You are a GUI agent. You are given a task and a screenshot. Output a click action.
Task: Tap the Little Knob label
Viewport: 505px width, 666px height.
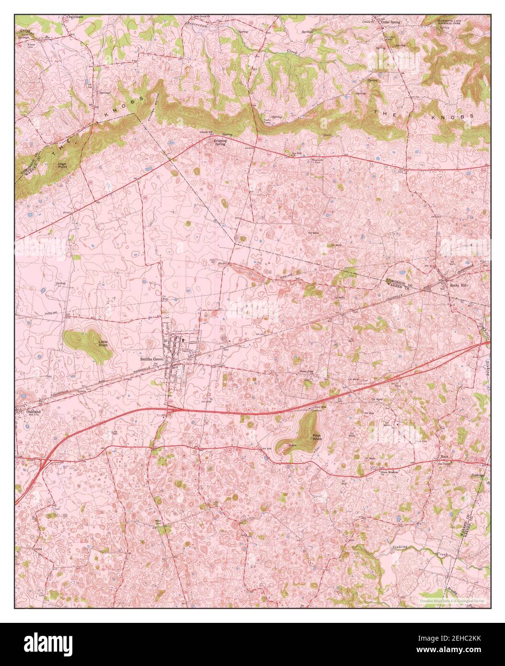(103, 344)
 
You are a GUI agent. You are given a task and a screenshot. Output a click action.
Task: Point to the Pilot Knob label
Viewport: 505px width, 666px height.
(317, 437)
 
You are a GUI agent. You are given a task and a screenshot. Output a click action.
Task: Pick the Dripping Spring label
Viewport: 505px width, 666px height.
(220, 142)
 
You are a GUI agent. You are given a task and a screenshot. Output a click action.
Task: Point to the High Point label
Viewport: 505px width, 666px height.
(62, 165)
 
